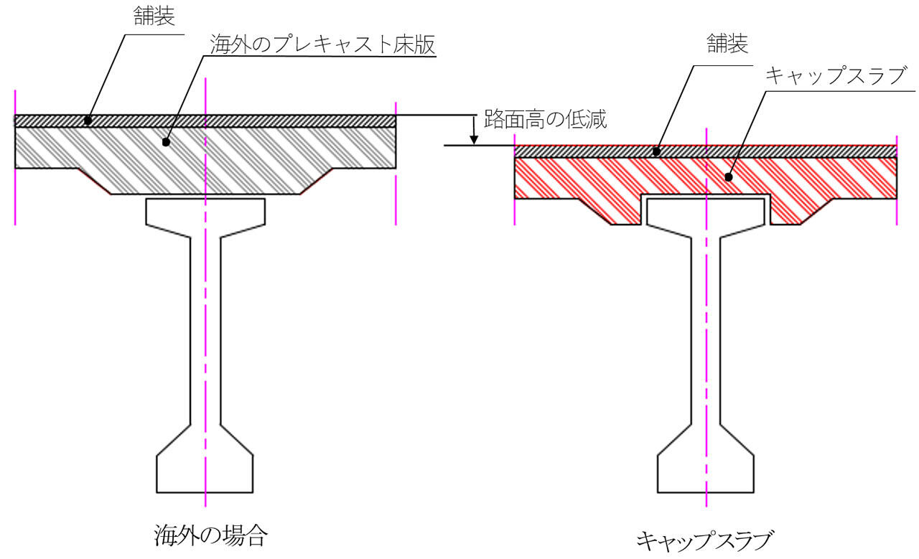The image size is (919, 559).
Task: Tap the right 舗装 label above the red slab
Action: (727, 44)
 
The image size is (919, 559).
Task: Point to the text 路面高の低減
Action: (546, 120)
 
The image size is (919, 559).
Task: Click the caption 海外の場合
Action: (211, 535)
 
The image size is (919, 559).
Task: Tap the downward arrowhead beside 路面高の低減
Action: (473, 138)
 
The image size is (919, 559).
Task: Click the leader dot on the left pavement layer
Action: (87, 120)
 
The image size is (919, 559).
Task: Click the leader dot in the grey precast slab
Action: (166, 142)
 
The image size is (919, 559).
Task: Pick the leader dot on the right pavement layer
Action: (656, 151)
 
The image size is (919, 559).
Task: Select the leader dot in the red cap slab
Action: (729, 176)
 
